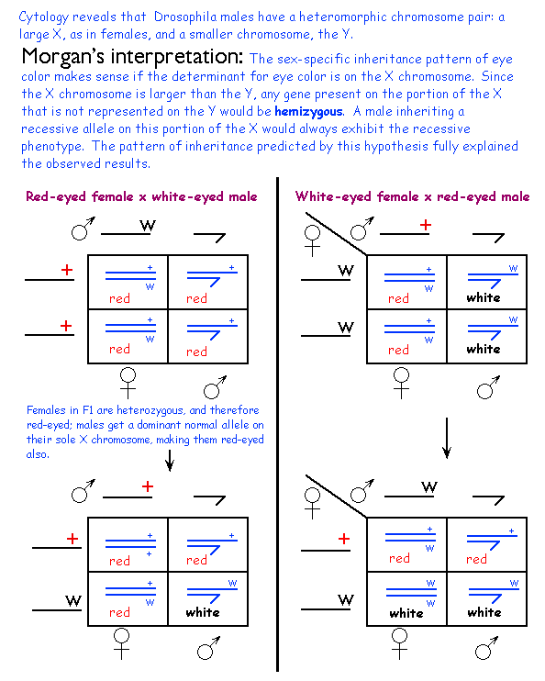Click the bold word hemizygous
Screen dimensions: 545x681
pos(309,112)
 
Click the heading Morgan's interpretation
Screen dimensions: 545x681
pos(132,57)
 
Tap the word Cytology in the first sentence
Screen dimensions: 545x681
pos(43,17)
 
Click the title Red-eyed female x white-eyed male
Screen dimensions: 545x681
pos(141,196)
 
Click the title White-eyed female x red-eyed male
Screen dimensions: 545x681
pos(413,196)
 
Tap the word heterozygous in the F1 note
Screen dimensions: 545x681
pos(150,410)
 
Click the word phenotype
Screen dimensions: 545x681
pos(52,147)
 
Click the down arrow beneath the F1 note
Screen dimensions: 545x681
pos(170,461)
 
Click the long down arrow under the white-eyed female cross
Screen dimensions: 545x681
pos(447,438)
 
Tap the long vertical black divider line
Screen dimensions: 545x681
pos(277,424)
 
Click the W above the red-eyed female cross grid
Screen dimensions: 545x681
pos(148,226)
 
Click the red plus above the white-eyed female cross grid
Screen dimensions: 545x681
pos(426,225)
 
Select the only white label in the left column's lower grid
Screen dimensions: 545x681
pos(203,612)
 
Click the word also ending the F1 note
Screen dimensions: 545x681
pos(37,454)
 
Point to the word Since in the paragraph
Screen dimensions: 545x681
pos(497,76)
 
